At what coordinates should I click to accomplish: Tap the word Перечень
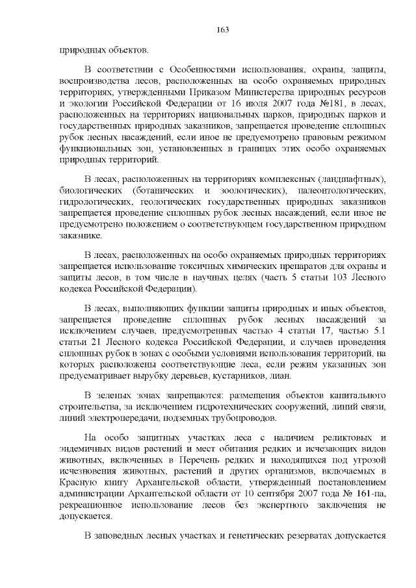point(204,462)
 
